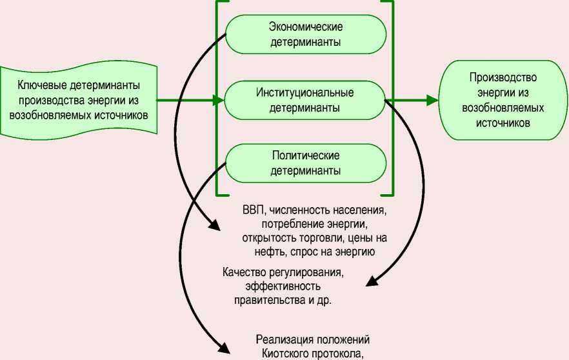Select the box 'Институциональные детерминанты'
click(305, 100)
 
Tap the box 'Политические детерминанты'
click(305, 164)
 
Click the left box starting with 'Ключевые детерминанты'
click(79, 100)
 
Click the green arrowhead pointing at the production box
click(432, 100)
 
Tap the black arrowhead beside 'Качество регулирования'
click(371, 282)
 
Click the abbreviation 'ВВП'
click(253, 210)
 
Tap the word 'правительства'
click(265, 300)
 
